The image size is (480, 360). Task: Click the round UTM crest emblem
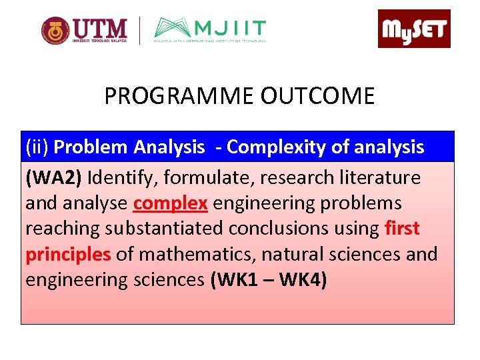click(x=55, y=31)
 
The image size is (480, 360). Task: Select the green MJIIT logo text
click(x=230, y=29)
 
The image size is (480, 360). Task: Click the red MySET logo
click(x=414, y=29)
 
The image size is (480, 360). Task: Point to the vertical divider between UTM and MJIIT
click(x=139, y=31)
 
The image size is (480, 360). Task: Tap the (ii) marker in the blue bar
click(x=37, y=147)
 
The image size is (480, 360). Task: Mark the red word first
click(x=402, y=229)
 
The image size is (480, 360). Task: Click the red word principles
click(x=68, y=254)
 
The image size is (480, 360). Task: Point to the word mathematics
click(x=193, y=254)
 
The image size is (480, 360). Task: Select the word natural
click(x=294, y=254)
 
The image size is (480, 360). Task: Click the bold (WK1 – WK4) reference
click(x=268, y=279)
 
